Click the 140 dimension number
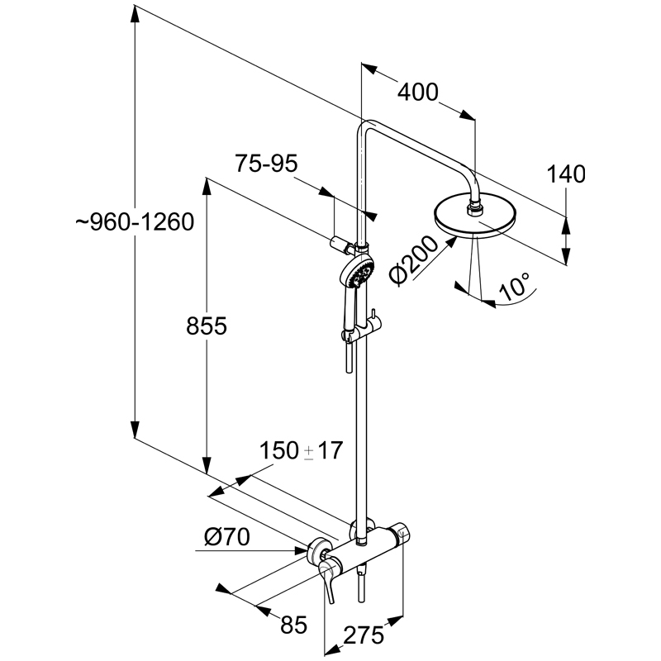tap(566, 174)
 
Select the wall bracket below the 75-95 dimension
tap(341, 243)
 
